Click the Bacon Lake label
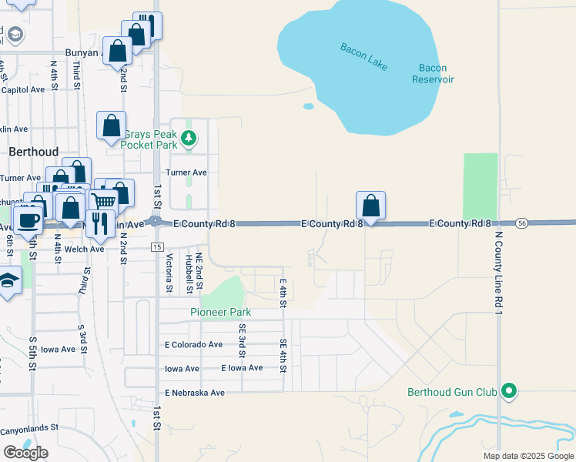pyautogui.click(x=363, y=57)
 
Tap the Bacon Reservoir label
pyautogui.click(x=433, y=74)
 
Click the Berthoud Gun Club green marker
pyautogui.click(x=508, y=392)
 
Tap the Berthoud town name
pyautogui.click(x=34, y=152)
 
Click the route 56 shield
pyautogui.click(x=521, y=223)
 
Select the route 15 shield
pyautogui.click(x=156, y=246)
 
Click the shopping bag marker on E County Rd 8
pyautogui.click(x=371, y=206)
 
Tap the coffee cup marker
pyautogui.click(x=28, y=220)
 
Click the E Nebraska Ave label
pyautogui.click(x=194, y=393)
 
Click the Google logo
pyautogui.click(x=25, y=452)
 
